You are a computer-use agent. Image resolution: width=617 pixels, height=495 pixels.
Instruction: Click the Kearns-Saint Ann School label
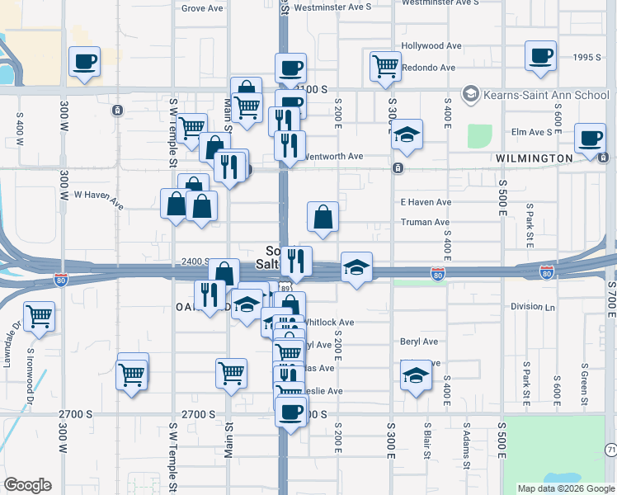(x=544, y=94)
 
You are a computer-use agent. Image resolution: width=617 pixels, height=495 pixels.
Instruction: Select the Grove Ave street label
(x=202, y=8)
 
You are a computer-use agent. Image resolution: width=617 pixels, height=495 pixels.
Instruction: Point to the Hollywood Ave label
(x=431, y=46)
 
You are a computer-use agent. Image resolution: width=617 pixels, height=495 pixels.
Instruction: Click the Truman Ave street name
(x=425, y=222)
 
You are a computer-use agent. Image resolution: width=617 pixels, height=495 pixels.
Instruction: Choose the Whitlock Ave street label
(x=329, y=323)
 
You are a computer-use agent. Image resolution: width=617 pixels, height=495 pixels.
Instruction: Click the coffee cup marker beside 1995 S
(x=540, y=56)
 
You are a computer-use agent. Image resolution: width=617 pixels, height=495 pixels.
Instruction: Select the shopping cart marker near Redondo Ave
(x=385, y=66)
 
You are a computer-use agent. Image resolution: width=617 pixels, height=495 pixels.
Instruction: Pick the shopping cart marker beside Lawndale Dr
(x=40, y=315)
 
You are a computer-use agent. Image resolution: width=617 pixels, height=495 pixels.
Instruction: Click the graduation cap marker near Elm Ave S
(x=407, y=135)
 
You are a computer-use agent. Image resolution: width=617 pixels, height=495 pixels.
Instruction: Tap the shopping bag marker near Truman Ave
(x=323, y=217)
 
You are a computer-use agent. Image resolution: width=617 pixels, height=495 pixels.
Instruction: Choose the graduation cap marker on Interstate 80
(x=356, y=267)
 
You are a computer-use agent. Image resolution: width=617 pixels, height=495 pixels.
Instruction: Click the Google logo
(x=27, y=486)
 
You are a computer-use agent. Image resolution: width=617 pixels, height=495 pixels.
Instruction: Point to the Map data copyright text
(x=565, y=488)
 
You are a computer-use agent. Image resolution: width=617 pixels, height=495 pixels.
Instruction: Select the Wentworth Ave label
(x=334, y=156)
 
